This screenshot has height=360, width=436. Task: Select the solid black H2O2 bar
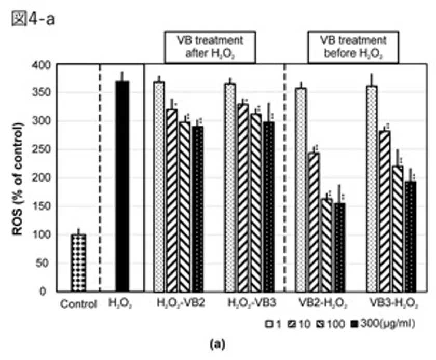(122, 187)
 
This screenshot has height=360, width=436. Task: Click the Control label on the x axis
(78, 304)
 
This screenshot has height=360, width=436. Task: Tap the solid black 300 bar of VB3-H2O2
(411, 236)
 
